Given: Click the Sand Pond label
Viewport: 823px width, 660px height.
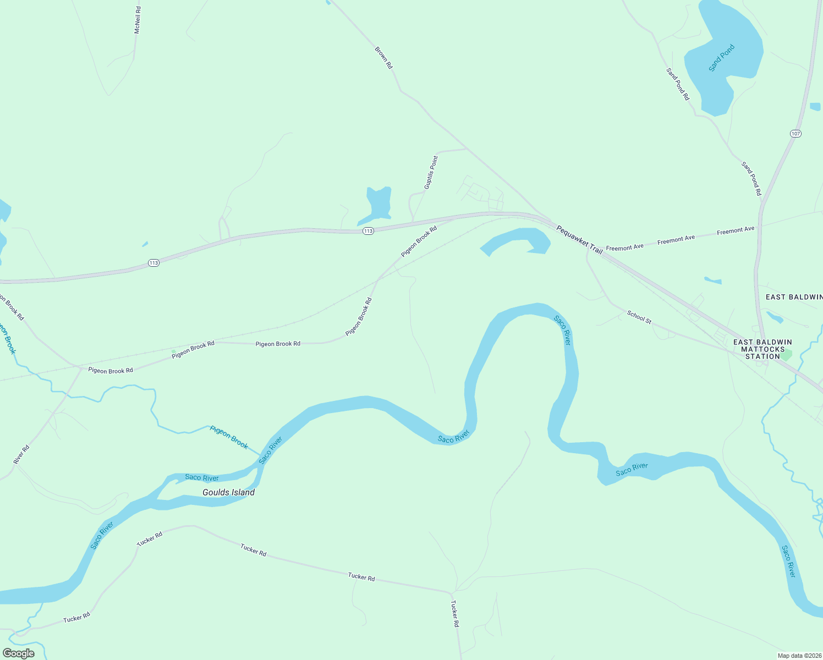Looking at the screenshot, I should click(721, 58).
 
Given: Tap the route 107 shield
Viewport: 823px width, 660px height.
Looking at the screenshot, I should click(795, 134).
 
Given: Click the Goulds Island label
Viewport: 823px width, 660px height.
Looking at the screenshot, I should click(228, 492).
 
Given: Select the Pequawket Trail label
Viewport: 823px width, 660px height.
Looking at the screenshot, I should click(579, 239).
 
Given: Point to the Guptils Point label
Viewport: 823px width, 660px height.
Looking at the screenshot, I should click(431, 173).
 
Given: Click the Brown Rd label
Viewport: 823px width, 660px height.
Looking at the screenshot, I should click(384, 58).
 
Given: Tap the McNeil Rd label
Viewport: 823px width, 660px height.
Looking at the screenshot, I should click(138, 20).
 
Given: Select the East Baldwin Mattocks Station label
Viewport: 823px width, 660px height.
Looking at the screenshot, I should click(762, 349).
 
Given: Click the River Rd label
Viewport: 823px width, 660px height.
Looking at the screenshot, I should click(21, 454).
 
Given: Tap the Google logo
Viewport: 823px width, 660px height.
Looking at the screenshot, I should click(19, 653).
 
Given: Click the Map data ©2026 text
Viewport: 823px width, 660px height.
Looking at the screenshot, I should click(799, 656).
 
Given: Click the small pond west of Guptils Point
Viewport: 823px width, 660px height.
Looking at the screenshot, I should click(378, 205).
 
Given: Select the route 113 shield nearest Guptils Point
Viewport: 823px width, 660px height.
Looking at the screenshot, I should click(369, 231).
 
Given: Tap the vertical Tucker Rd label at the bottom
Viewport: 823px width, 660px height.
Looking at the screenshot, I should click(454, 614).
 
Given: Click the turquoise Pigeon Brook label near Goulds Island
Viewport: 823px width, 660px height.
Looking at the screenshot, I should click(229, 437).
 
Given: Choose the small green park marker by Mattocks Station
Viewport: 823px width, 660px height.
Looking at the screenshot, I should click(786, 355).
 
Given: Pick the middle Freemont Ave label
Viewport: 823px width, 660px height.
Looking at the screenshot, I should click(676, 239).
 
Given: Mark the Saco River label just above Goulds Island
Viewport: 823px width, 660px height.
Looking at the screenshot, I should click(202, 477).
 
